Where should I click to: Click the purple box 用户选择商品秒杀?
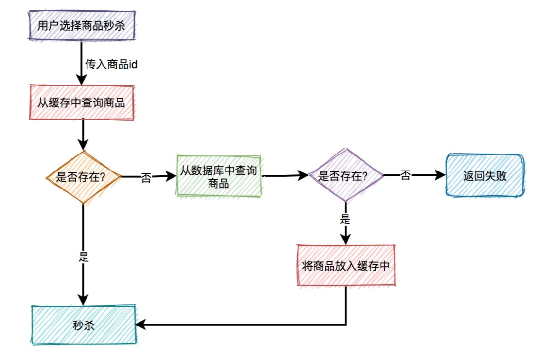(x=81, y=26)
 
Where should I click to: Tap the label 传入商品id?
(x=111, y=64)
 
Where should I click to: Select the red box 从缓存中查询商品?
(x=81, y=103)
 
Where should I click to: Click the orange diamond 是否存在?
(x=82, y=177)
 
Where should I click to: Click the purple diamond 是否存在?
(x=346, y=176)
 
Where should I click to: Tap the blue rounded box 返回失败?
(x=485, y=175)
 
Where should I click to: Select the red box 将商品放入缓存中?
(x=346, y=266)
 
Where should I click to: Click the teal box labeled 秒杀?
(x=84, y=326)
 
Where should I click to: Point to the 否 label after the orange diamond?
(x=146, y=178)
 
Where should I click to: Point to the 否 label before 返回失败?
(x=405, y=175)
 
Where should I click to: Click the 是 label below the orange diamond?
(x=84, y=257)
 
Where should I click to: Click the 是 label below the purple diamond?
(x=345, y=219)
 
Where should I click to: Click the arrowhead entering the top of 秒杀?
(x=83, y=300)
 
